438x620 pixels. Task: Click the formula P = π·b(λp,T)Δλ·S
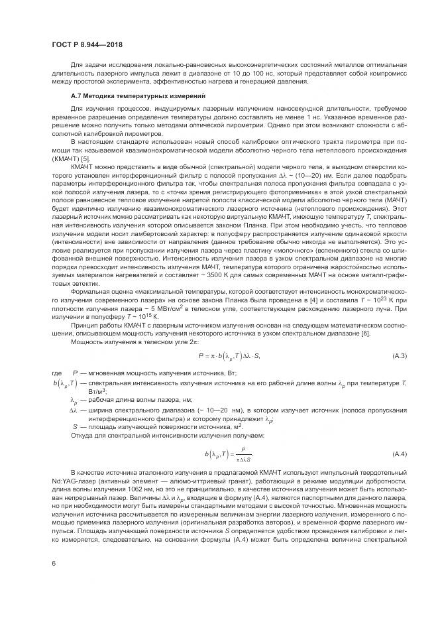pyautogui.click(x=229, y=357)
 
